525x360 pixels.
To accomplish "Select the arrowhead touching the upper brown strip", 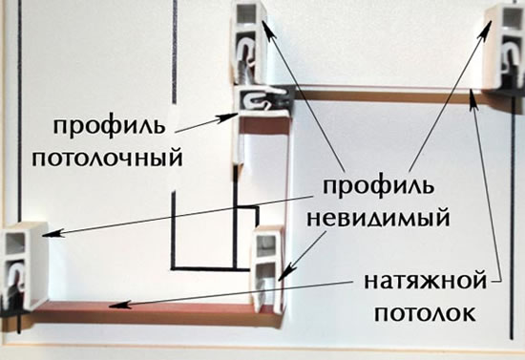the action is tap(471, 102).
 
